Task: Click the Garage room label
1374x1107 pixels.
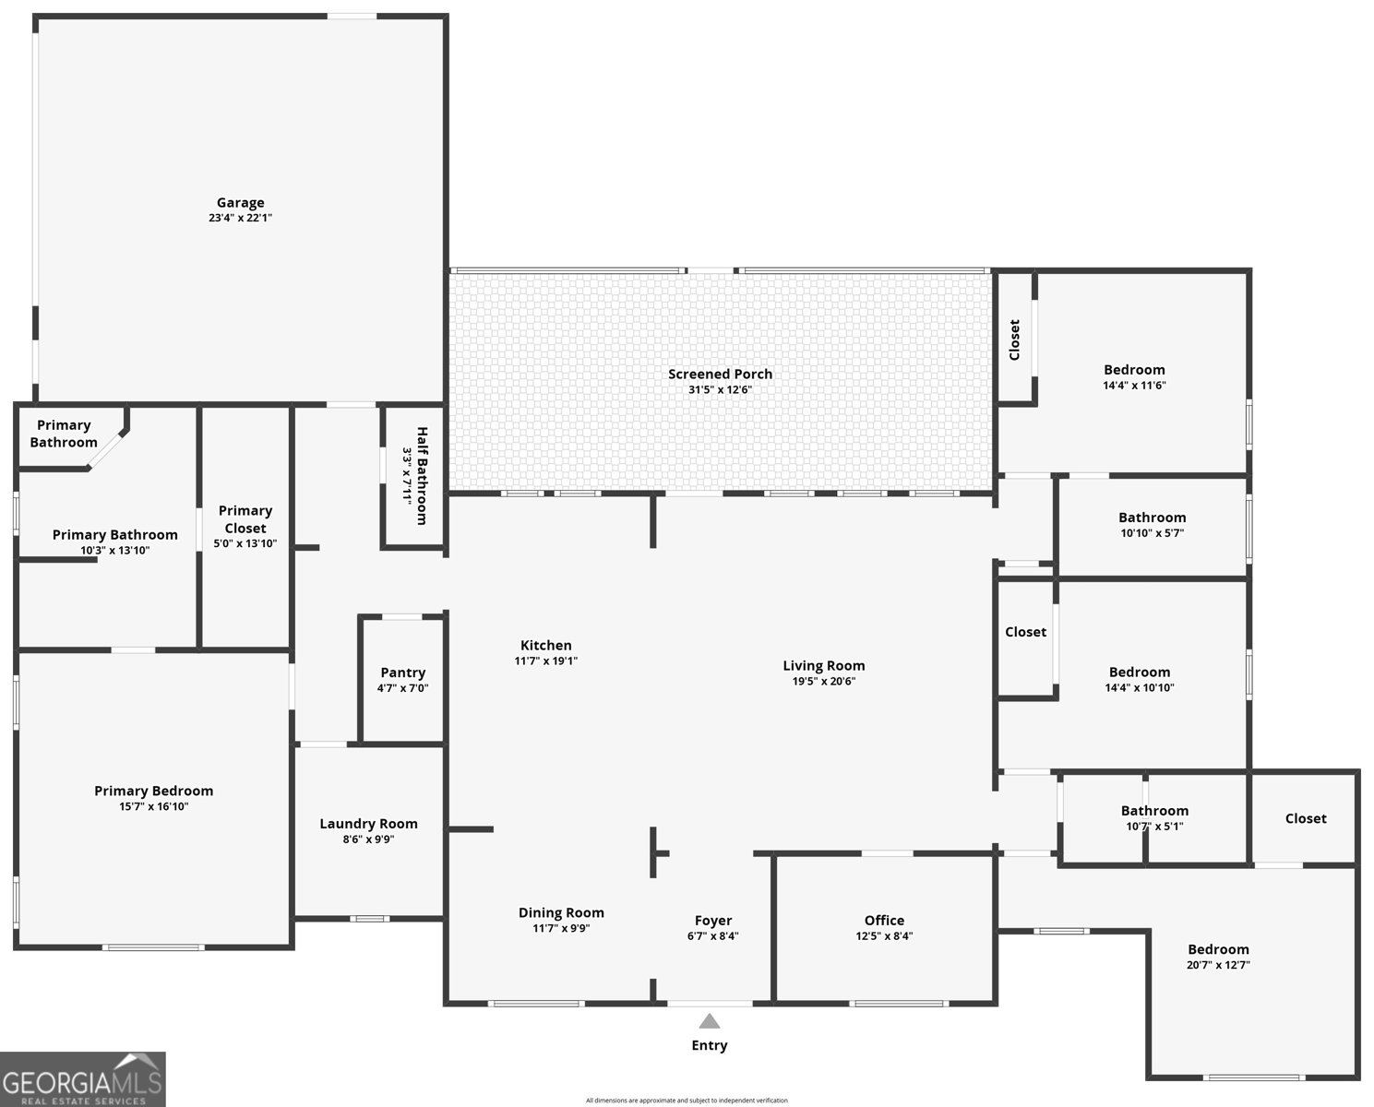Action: pos(240,202)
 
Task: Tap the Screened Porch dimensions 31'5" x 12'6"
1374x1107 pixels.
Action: pos(720,389)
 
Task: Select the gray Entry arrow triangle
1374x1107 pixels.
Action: pos(709,1021)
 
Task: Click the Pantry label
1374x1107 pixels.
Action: pos(402,673)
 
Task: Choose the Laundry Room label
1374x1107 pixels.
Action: pos(368,824)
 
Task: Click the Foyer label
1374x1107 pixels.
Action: pos(712,921)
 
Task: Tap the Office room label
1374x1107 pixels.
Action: pos(884,920)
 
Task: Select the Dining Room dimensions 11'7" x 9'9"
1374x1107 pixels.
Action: pos(560,929)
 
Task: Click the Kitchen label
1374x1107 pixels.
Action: pos(545,645)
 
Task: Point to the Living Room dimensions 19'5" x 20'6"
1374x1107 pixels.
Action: pos(823,682)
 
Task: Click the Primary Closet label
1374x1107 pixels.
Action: pos(245,518)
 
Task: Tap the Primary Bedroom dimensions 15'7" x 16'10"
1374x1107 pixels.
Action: pos(153,806)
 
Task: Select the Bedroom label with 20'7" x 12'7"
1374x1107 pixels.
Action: pos(1218,949)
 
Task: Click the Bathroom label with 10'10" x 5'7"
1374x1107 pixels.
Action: pos(1152,518)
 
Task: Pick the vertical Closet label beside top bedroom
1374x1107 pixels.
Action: pos(1014,339)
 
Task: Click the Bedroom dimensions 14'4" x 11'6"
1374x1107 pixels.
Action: pos(1134,386)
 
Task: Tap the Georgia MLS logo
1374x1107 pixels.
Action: pos(83,1079)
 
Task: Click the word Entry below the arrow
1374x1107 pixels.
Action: pos(709,1045)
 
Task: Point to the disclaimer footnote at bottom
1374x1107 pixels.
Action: pos(687,1101)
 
